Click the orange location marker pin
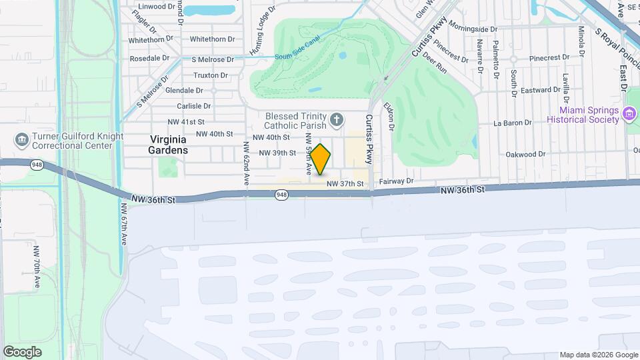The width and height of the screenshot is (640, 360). click(321, 159)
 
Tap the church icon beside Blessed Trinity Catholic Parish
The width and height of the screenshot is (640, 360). click(337, 120)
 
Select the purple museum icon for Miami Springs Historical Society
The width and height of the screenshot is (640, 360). click(629, 115)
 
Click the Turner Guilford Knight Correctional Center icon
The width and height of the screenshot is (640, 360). click(20, 140)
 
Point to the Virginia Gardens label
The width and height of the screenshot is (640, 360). click(168, 145)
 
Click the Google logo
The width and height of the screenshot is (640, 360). click(23, 351)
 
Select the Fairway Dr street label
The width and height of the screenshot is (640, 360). click(397, 181)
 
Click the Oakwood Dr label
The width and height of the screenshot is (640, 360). click(526, 154)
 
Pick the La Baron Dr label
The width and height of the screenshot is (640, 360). click(512, 123)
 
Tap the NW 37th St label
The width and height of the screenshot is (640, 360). click(345, 183)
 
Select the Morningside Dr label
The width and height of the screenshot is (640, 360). click(473, 29)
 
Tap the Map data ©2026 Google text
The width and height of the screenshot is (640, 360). click(598, 355)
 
